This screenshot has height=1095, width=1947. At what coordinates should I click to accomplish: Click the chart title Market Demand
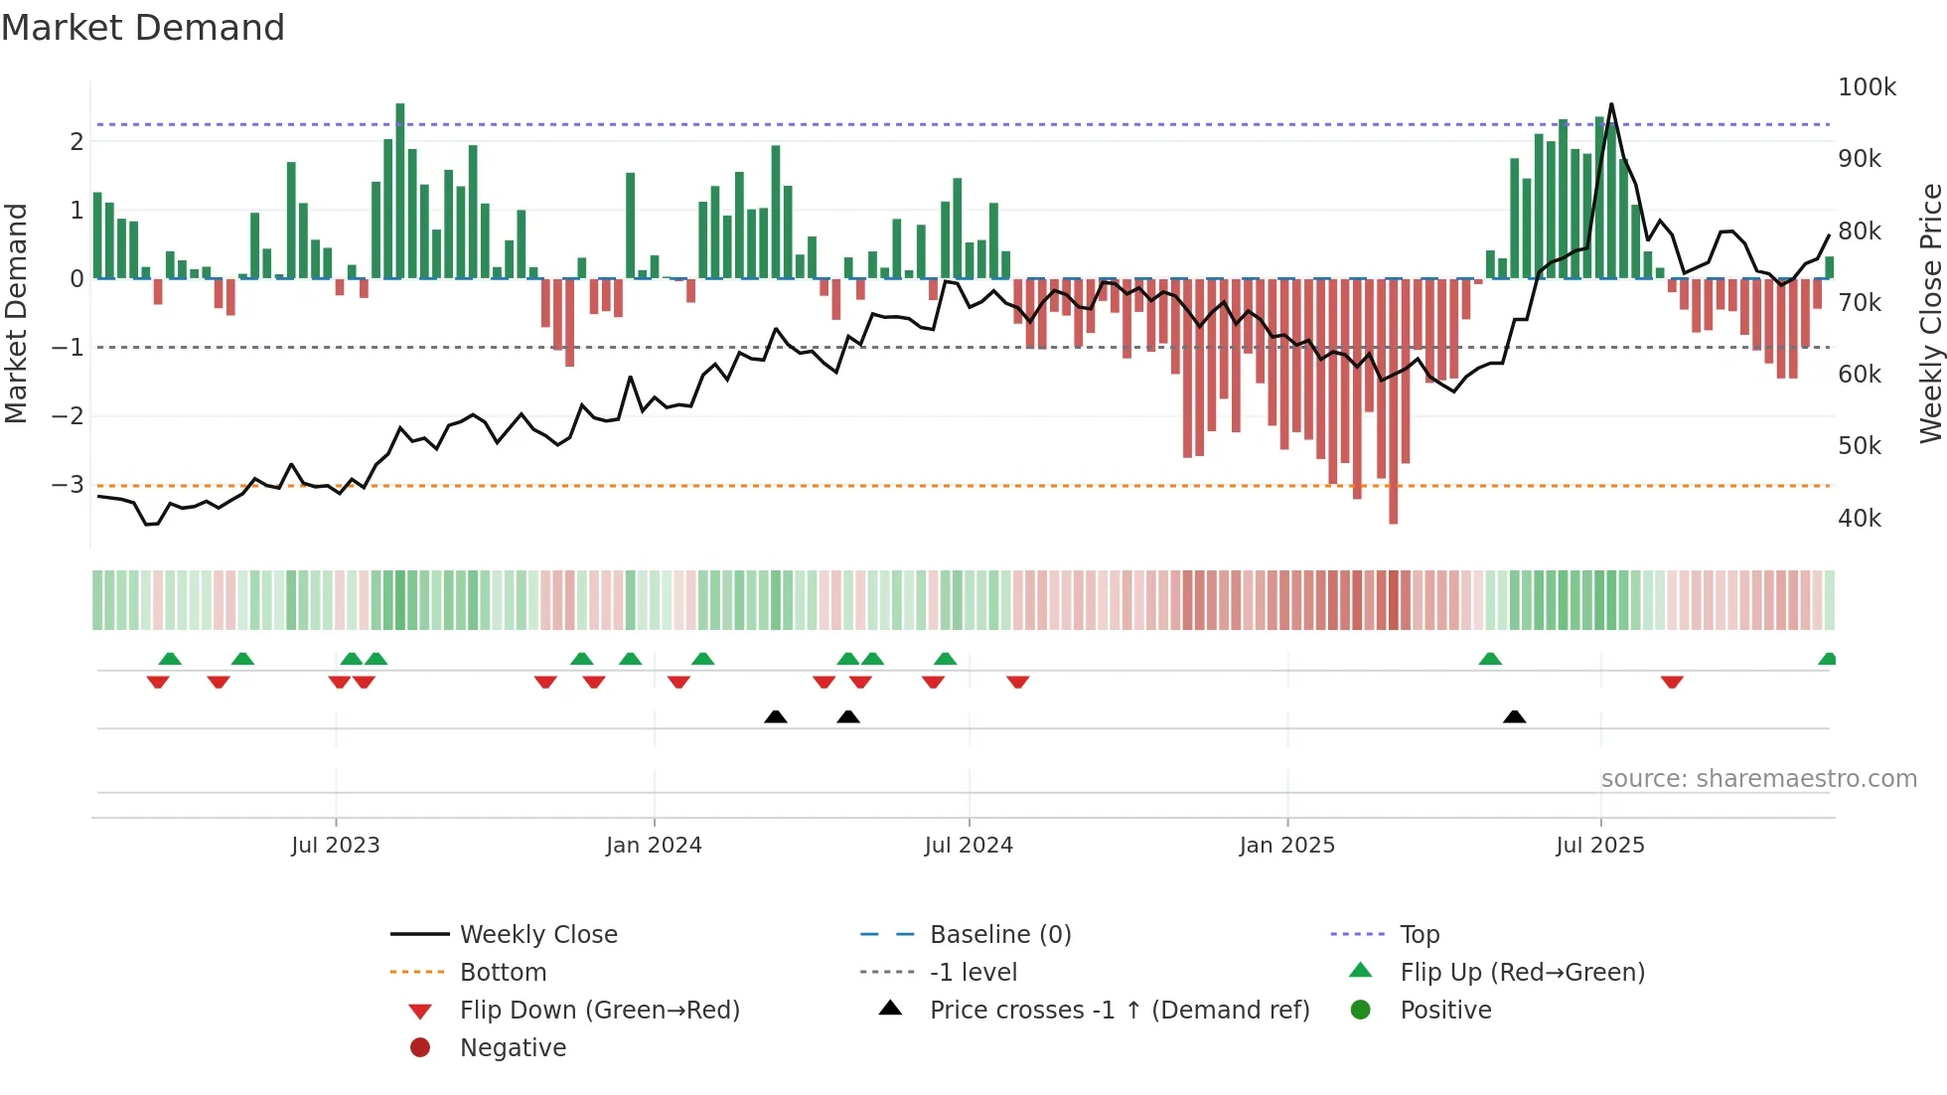(143, 28)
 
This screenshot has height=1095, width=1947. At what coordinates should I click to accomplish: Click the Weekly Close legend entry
(537, 934)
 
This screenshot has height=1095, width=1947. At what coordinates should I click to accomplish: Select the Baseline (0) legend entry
(999, 934)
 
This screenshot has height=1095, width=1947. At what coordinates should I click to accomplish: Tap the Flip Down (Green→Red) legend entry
(599, 1010)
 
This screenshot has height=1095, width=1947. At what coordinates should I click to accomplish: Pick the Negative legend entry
(513, 1047)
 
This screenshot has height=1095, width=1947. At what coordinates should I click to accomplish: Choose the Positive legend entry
(1444, 1010)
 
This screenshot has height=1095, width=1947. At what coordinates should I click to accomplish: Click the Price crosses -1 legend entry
(1119, 1010)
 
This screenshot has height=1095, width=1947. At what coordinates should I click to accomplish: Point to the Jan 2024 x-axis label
(654, 845)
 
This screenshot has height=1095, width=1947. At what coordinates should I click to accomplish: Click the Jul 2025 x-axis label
(1599, 845)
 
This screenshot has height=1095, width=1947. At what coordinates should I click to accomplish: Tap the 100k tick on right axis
(1867, 87)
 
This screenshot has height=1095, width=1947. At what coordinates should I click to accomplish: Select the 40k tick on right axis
(1859, 518)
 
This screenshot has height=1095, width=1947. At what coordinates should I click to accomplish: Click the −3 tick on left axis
(68, 484)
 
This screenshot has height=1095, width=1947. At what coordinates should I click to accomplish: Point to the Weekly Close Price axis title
(1930, 313)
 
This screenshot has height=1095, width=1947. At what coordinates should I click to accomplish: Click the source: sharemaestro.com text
(1758, 778)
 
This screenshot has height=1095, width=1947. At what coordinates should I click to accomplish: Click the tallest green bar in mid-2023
(400, 189)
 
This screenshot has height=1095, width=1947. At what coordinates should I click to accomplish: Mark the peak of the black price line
(1611, 104)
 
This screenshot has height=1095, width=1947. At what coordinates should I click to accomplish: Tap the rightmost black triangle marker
(1514, 716)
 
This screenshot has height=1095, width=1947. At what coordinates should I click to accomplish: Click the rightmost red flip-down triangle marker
(1672, 682)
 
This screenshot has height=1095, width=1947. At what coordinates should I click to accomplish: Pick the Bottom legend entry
(503, 972)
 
